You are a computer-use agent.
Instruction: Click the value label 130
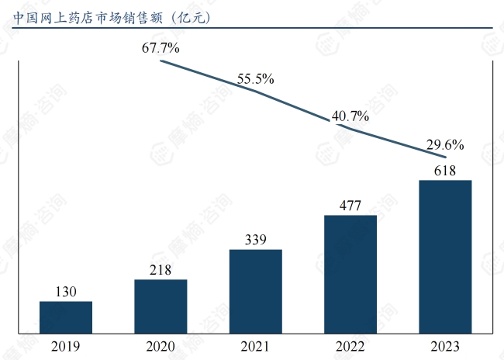tap(66, 292)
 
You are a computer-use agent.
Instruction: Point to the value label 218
tap(161, 270)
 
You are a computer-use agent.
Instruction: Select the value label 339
tap(256, 240)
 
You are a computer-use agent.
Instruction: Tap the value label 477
tap(350, 206)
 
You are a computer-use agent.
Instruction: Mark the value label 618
tap(445, 171)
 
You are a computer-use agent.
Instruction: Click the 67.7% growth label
tap(161, 48)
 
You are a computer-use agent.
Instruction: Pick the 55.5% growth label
tap(256, 79)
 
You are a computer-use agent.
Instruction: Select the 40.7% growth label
tap(350, 116)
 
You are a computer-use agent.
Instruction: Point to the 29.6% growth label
tap(445, 144)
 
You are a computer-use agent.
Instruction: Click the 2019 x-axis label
tap(66, 346)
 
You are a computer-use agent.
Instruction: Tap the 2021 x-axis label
tap(256, 346)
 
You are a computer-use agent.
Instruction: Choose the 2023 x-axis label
tap(445, 346)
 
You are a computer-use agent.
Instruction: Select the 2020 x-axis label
tap(161, 346)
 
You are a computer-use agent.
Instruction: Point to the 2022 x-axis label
tap(350, 346)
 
